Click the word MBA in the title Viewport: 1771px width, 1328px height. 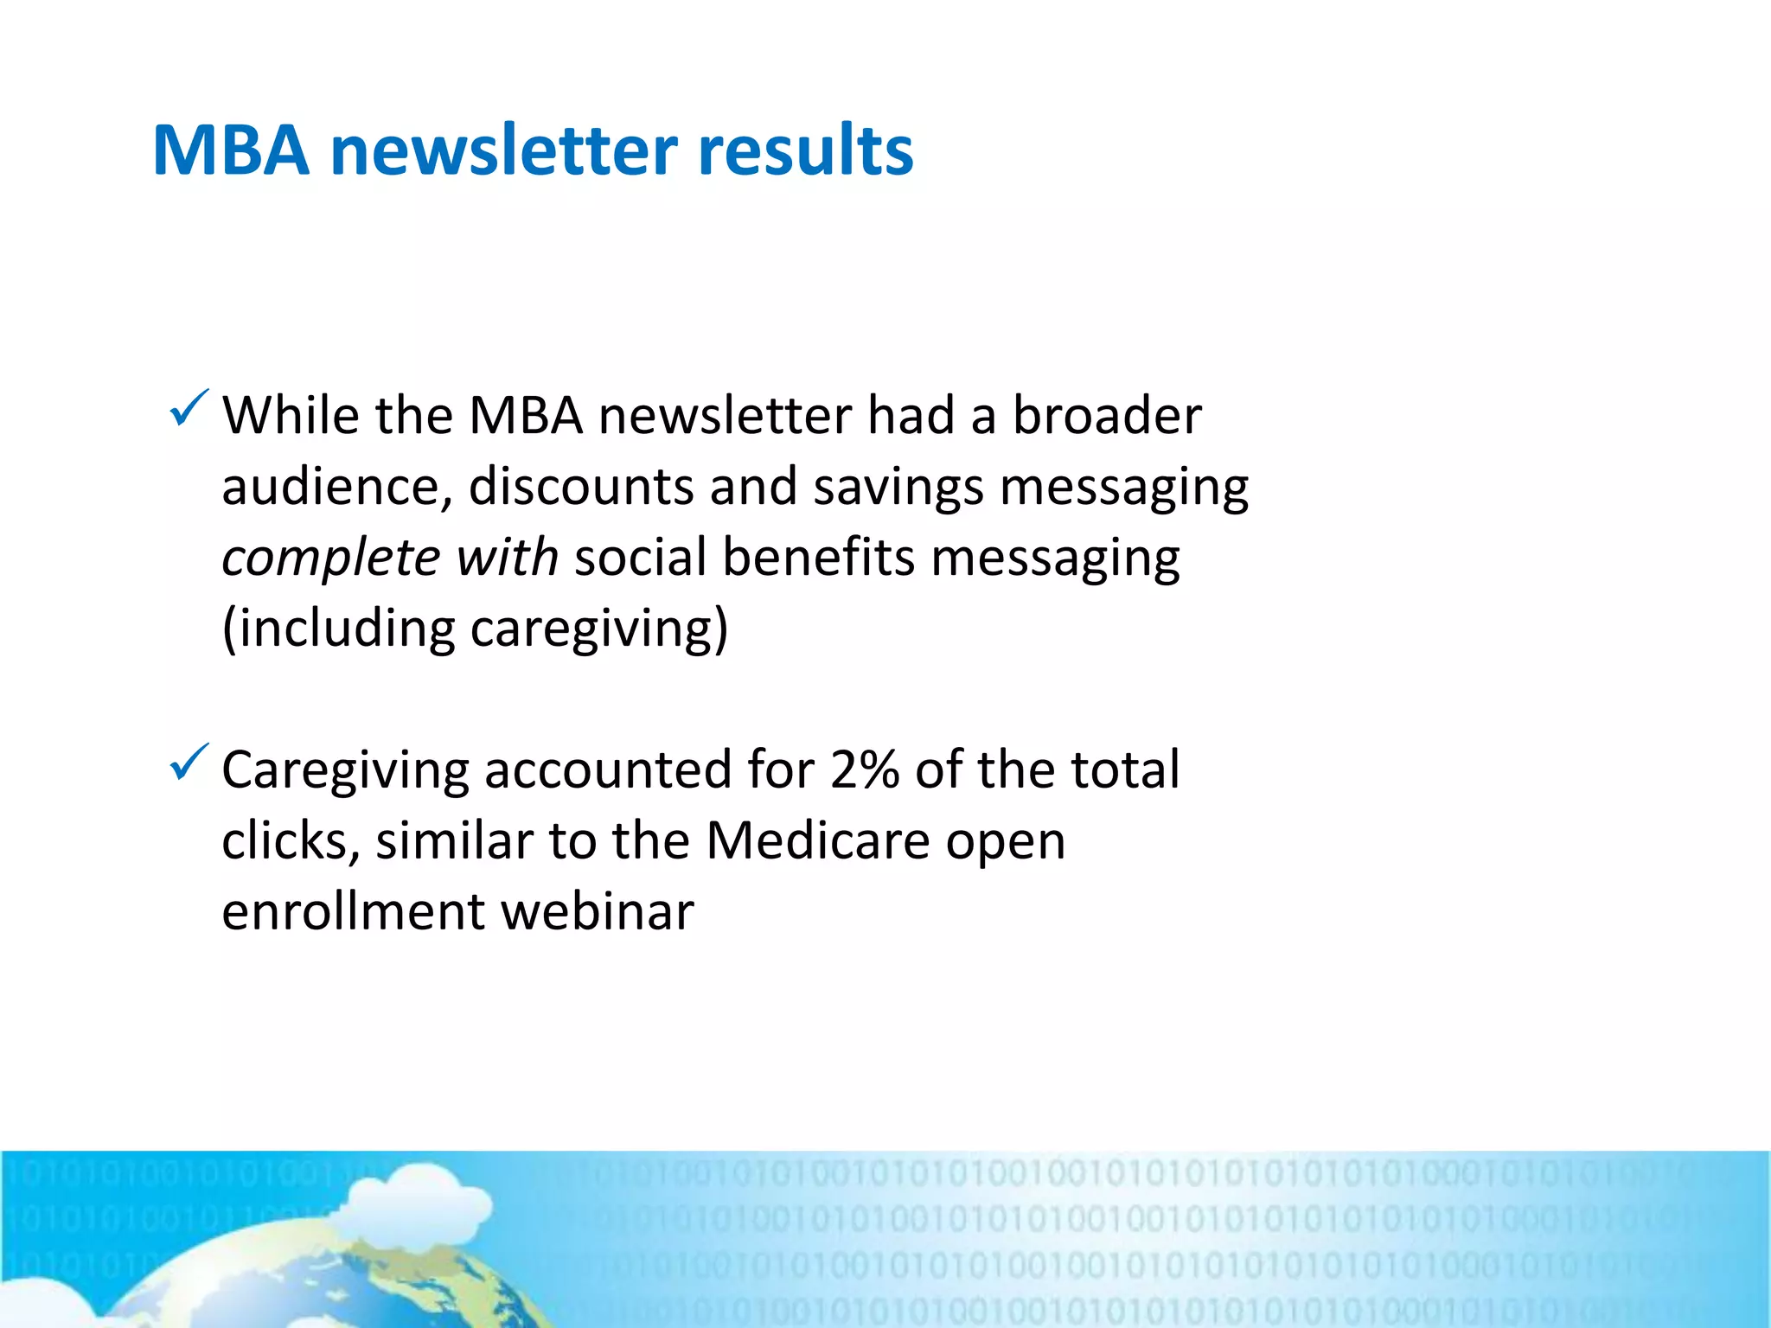pyautogui.click(x=231, y=150)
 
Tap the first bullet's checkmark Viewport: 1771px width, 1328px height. pyautogui.click(x=189, y=408)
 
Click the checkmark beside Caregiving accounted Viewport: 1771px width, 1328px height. pyautogui.click(x=189, y=763)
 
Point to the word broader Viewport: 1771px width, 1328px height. pyautogui.click(x=1107, y=415)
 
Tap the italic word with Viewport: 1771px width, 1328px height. pyautogui.click(x=507, y=557)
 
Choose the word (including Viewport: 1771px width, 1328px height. pyautogui.click(x=338, y=629)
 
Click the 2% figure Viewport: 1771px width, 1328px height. pyautogui.click(x=864, y=769)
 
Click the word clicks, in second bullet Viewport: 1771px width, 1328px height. pyautogui.click(x=291, y=840)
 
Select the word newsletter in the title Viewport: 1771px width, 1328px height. pyautogui.click(x=503, y=150)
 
